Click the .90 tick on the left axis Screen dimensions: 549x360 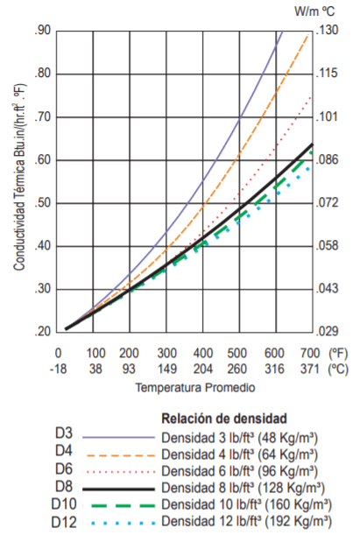click(x=43, y=32)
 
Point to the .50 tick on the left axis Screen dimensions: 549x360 click(x=43, y=203)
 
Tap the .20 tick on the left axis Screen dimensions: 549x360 click(x=43, y=332)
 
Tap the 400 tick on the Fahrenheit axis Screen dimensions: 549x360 click(x=202, y=352)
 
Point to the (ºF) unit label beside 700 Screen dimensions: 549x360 click(x=338, y=352)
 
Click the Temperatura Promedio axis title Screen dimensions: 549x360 click(x=185, y=386)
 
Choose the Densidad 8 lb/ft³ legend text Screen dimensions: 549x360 click(x=244, y=487)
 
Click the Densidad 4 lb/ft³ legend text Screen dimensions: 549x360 click(x=244, y=454)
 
